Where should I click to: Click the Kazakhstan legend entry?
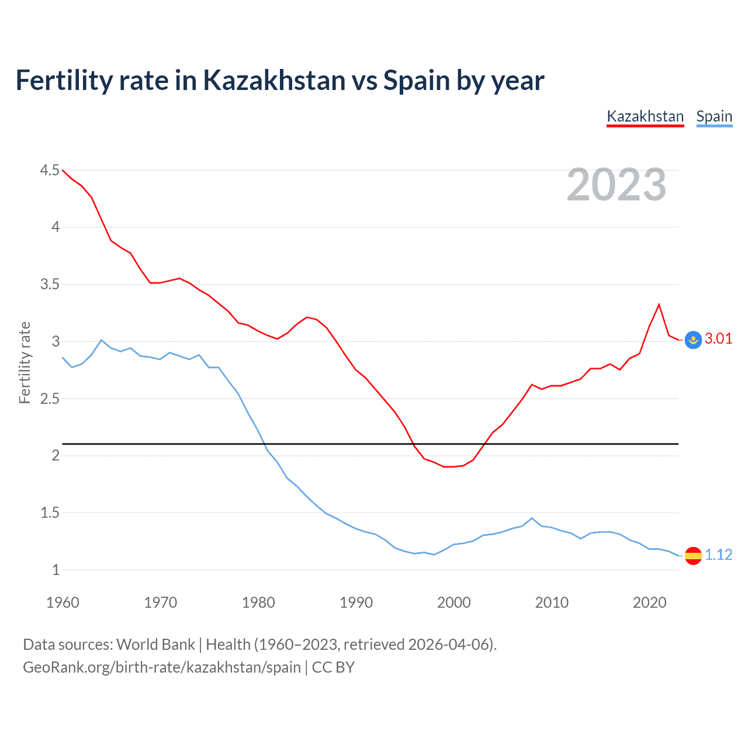[645, 116]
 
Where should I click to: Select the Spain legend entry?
[714, 116]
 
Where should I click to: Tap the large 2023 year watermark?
[617, 185]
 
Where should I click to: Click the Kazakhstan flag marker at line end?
[693, 340]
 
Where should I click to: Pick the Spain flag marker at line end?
[693, 555]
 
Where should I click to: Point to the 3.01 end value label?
[718, 339]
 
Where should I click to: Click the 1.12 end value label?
[718, 555]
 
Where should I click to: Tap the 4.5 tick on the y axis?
[50, 170]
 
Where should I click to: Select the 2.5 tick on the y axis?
[50, 399]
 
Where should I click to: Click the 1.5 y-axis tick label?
[50, 512]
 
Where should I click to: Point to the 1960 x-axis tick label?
[63, 602]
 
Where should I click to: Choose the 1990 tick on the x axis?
[356, 602]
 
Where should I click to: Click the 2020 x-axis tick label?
[649, 602]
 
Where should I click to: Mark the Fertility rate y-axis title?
[25, 362]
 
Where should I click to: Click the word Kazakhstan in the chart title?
[274, 80]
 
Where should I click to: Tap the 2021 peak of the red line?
[659, 304]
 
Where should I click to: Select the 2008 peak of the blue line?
[531, 518]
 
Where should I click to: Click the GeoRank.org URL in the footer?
[162, 667]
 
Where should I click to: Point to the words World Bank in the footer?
[155, 644]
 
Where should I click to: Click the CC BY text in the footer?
[333, 667]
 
